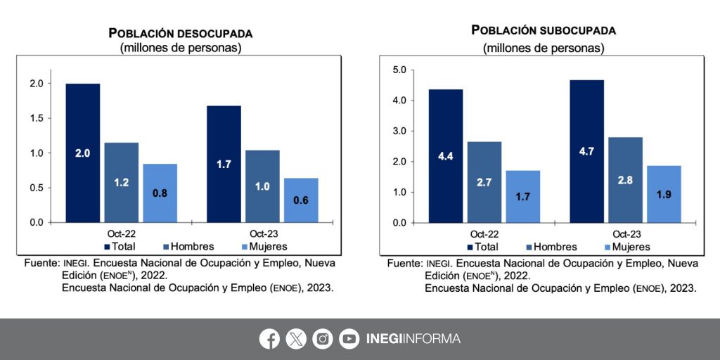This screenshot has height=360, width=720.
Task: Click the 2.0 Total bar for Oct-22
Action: [83, 153]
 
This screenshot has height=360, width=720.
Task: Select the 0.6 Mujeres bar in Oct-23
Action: [301, 200]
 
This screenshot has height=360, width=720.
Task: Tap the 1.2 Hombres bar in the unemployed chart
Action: [122, 182]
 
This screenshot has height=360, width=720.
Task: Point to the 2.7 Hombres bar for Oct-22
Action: [484, 181]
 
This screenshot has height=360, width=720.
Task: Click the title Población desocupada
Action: [181, 33]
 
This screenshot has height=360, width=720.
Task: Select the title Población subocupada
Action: [544, 30]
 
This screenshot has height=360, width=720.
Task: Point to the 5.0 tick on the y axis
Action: [401, 70]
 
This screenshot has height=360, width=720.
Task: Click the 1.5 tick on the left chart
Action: [37, 118]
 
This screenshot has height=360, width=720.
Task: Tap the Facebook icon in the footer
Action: [269, 339]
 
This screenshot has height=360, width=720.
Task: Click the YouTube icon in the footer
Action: [349, 339]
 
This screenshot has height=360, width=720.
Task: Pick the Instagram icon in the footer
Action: [323, 339]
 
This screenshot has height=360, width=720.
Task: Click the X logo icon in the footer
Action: [296, 339]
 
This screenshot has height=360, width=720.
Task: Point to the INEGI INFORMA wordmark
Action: [413, 339]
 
